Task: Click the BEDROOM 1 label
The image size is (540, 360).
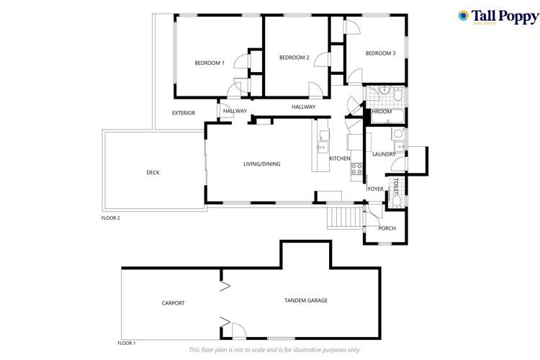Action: pyautogui.click(x=210, y=63)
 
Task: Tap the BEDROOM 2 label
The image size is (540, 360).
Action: pyautogui.click(x=294, y=58)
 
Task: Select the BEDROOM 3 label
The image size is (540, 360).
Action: pyautogui.click(x=380, y=53)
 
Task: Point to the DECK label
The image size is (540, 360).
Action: pyautogui.click(x=153, y=173)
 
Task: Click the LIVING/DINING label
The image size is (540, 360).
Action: pyautogui.click(x=261, y=164)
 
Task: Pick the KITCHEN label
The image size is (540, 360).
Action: pyautogui.click(x=340, y=158)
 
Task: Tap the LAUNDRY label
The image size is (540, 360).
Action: pyautogui.click(x=384, y=154)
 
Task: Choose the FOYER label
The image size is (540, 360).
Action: pyautogui.click(x=376, y=189)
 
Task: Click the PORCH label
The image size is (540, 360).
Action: pyautogui.click(x=387, y=229)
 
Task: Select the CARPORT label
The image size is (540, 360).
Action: pyautogui.click(x=173, y=303)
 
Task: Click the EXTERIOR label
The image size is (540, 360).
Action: pyautogui.click(x=184, y=113)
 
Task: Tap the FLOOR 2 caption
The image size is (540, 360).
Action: pyautogui.click(x=110, y=217)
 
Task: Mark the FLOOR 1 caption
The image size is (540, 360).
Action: pyautogui.click(x=127, y=343)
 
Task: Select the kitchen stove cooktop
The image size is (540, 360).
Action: pyautogui.click(x=356, y=169)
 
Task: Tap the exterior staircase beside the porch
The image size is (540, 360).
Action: pyautogui.click(x=343, y=215)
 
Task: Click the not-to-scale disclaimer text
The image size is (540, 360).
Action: pyautogui.click(x=274, y=351)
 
